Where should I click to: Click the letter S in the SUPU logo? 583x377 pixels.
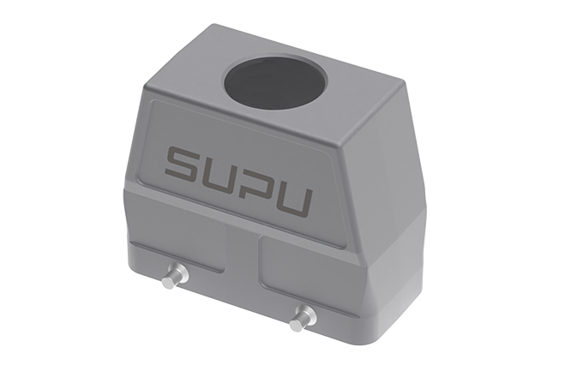tap(183, 162)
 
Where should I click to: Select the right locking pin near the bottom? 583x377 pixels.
tap(303, 318)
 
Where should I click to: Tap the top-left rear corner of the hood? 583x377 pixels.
tap(203, 27)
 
